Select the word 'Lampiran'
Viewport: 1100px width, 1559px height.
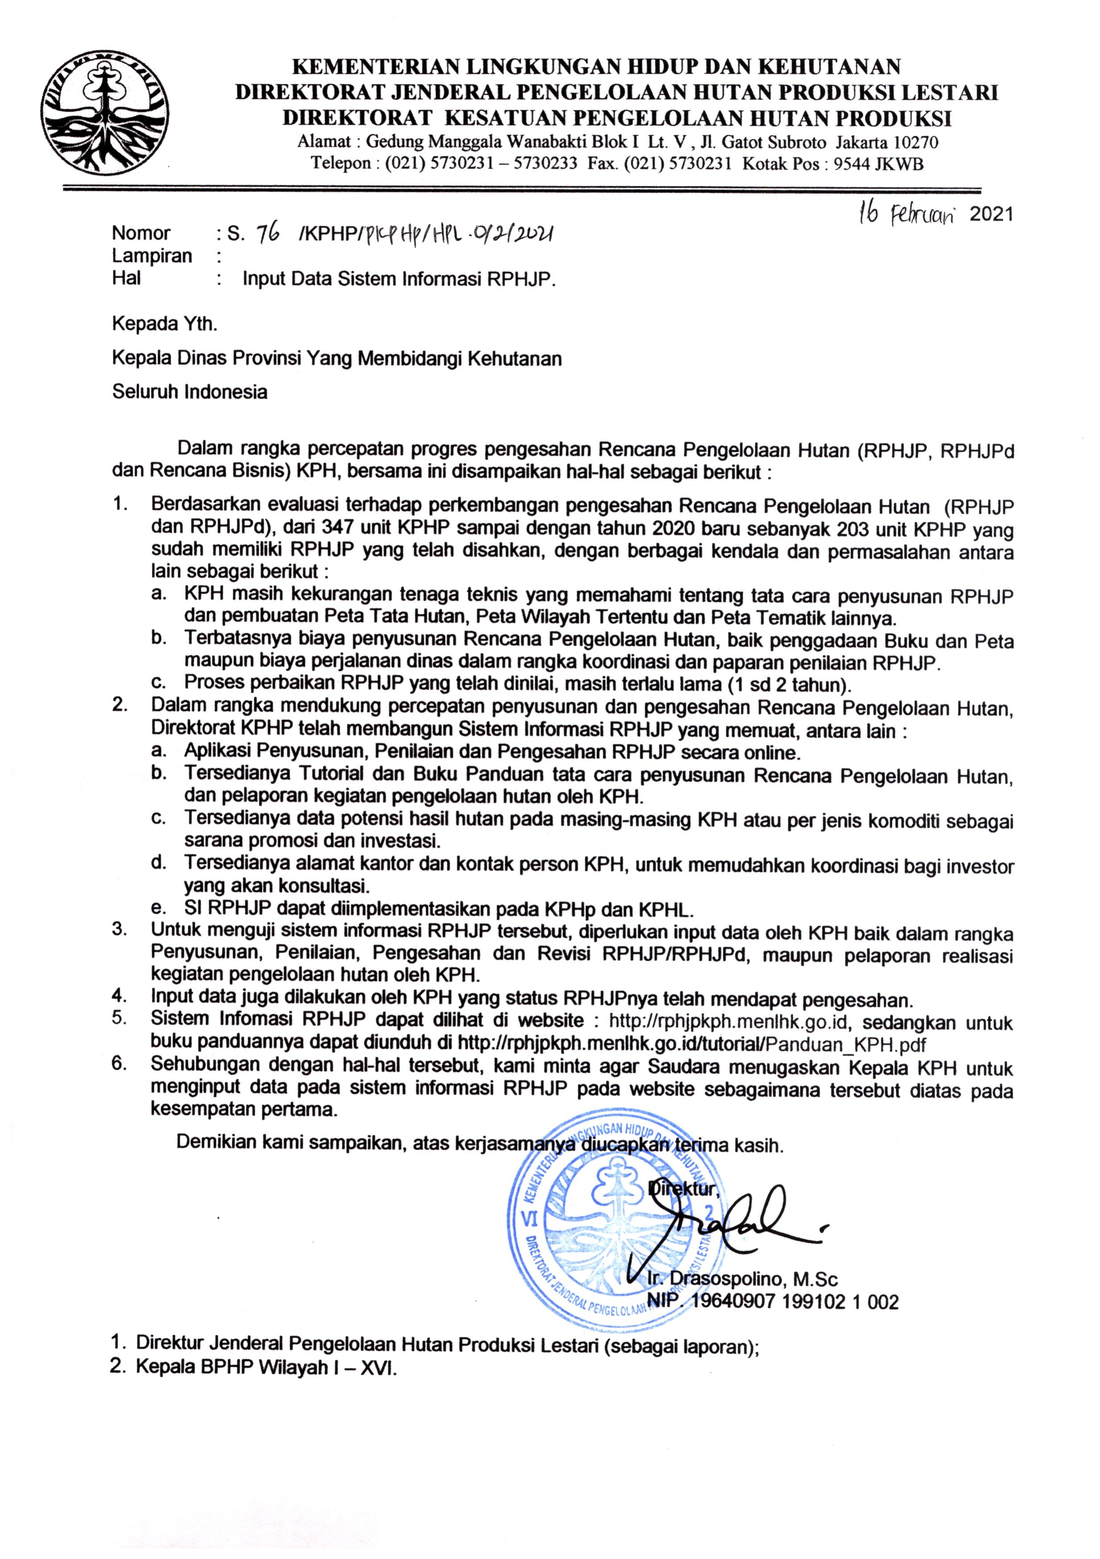click(x=152, y=256)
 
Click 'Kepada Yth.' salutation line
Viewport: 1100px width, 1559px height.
click(x=165, y=324)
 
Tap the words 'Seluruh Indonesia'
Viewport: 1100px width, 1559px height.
click(x=190, y=392)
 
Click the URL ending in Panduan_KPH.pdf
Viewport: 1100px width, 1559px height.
click(x=693, y=1043)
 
